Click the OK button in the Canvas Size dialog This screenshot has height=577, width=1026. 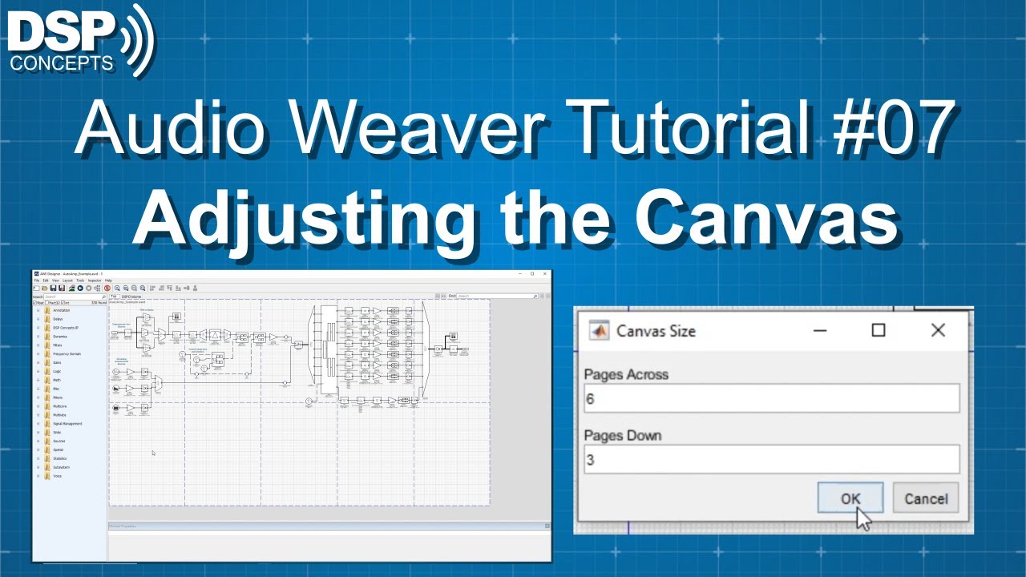[850, 498]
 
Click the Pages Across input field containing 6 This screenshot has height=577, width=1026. [770, 398]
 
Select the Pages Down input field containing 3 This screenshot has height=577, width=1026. [770, 459]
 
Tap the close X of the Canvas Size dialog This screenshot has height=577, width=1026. [938, 330]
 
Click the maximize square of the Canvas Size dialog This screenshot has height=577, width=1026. [879, 330]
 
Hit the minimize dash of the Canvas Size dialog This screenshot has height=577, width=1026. [820, 330]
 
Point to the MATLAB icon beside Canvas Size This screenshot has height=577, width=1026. [598, 330]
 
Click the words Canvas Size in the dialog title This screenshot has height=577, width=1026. [656, 331]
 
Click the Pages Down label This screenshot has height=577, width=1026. [623, 436]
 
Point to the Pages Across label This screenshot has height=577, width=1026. [626, 374]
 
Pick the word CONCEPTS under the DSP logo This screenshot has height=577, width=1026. [62, 64]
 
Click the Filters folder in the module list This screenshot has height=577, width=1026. [57, 345]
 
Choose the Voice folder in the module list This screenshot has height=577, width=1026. [56, 476]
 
